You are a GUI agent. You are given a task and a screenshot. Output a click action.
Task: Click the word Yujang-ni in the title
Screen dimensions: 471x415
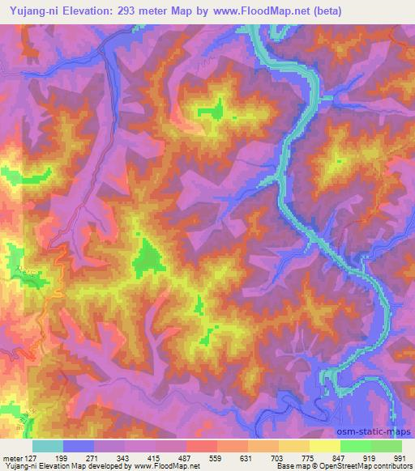pyautogui.click(x=30, y=11)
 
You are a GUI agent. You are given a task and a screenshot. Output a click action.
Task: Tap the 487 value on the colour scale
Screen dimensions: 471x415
pyautogui.click(x=187, y=458)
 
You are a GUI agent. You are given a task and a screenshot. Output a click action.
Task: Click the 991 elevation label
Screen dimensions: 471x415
pyautogui.click(x=398, y=458)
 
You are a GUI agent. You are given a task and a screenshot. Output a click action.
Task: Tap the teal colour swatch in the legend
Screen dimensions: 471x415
pyautogui.click(x=48, y=446)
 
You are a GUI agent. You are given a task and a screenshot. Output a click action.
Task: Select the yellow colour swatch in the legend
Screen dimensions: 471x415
pyautogui.click(x=324, y=446)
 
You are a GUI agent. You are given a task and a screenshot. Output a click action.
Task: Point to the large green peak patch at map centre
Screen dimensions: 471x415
pyautogui.click(x=148, y=258)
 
